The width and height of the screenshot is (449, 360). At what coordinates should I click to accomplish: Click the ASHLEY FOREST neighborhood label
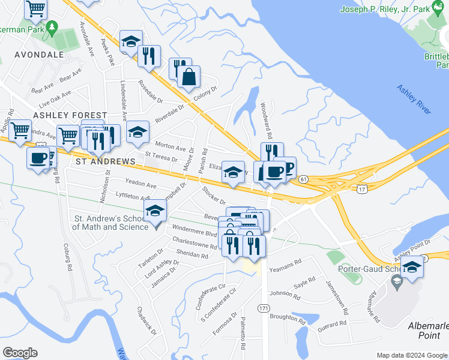(x=70, y=115)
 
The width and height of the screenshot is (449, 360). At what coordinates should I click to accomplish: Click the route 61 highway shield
(x=304, y=179)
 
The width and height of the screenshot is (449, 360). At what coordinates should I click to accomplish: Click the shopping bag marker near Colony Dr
(x=188, y=77)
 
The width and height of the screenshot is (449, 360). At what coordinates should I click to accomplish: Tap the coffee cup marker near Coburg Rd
(x=39, y=158)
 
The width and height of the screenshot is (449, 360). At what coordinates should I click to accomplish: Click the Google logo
(x=20, y=353)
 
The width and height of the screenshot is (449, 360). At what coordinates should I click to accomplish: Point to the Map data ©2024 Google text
(x=411, y=355)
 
